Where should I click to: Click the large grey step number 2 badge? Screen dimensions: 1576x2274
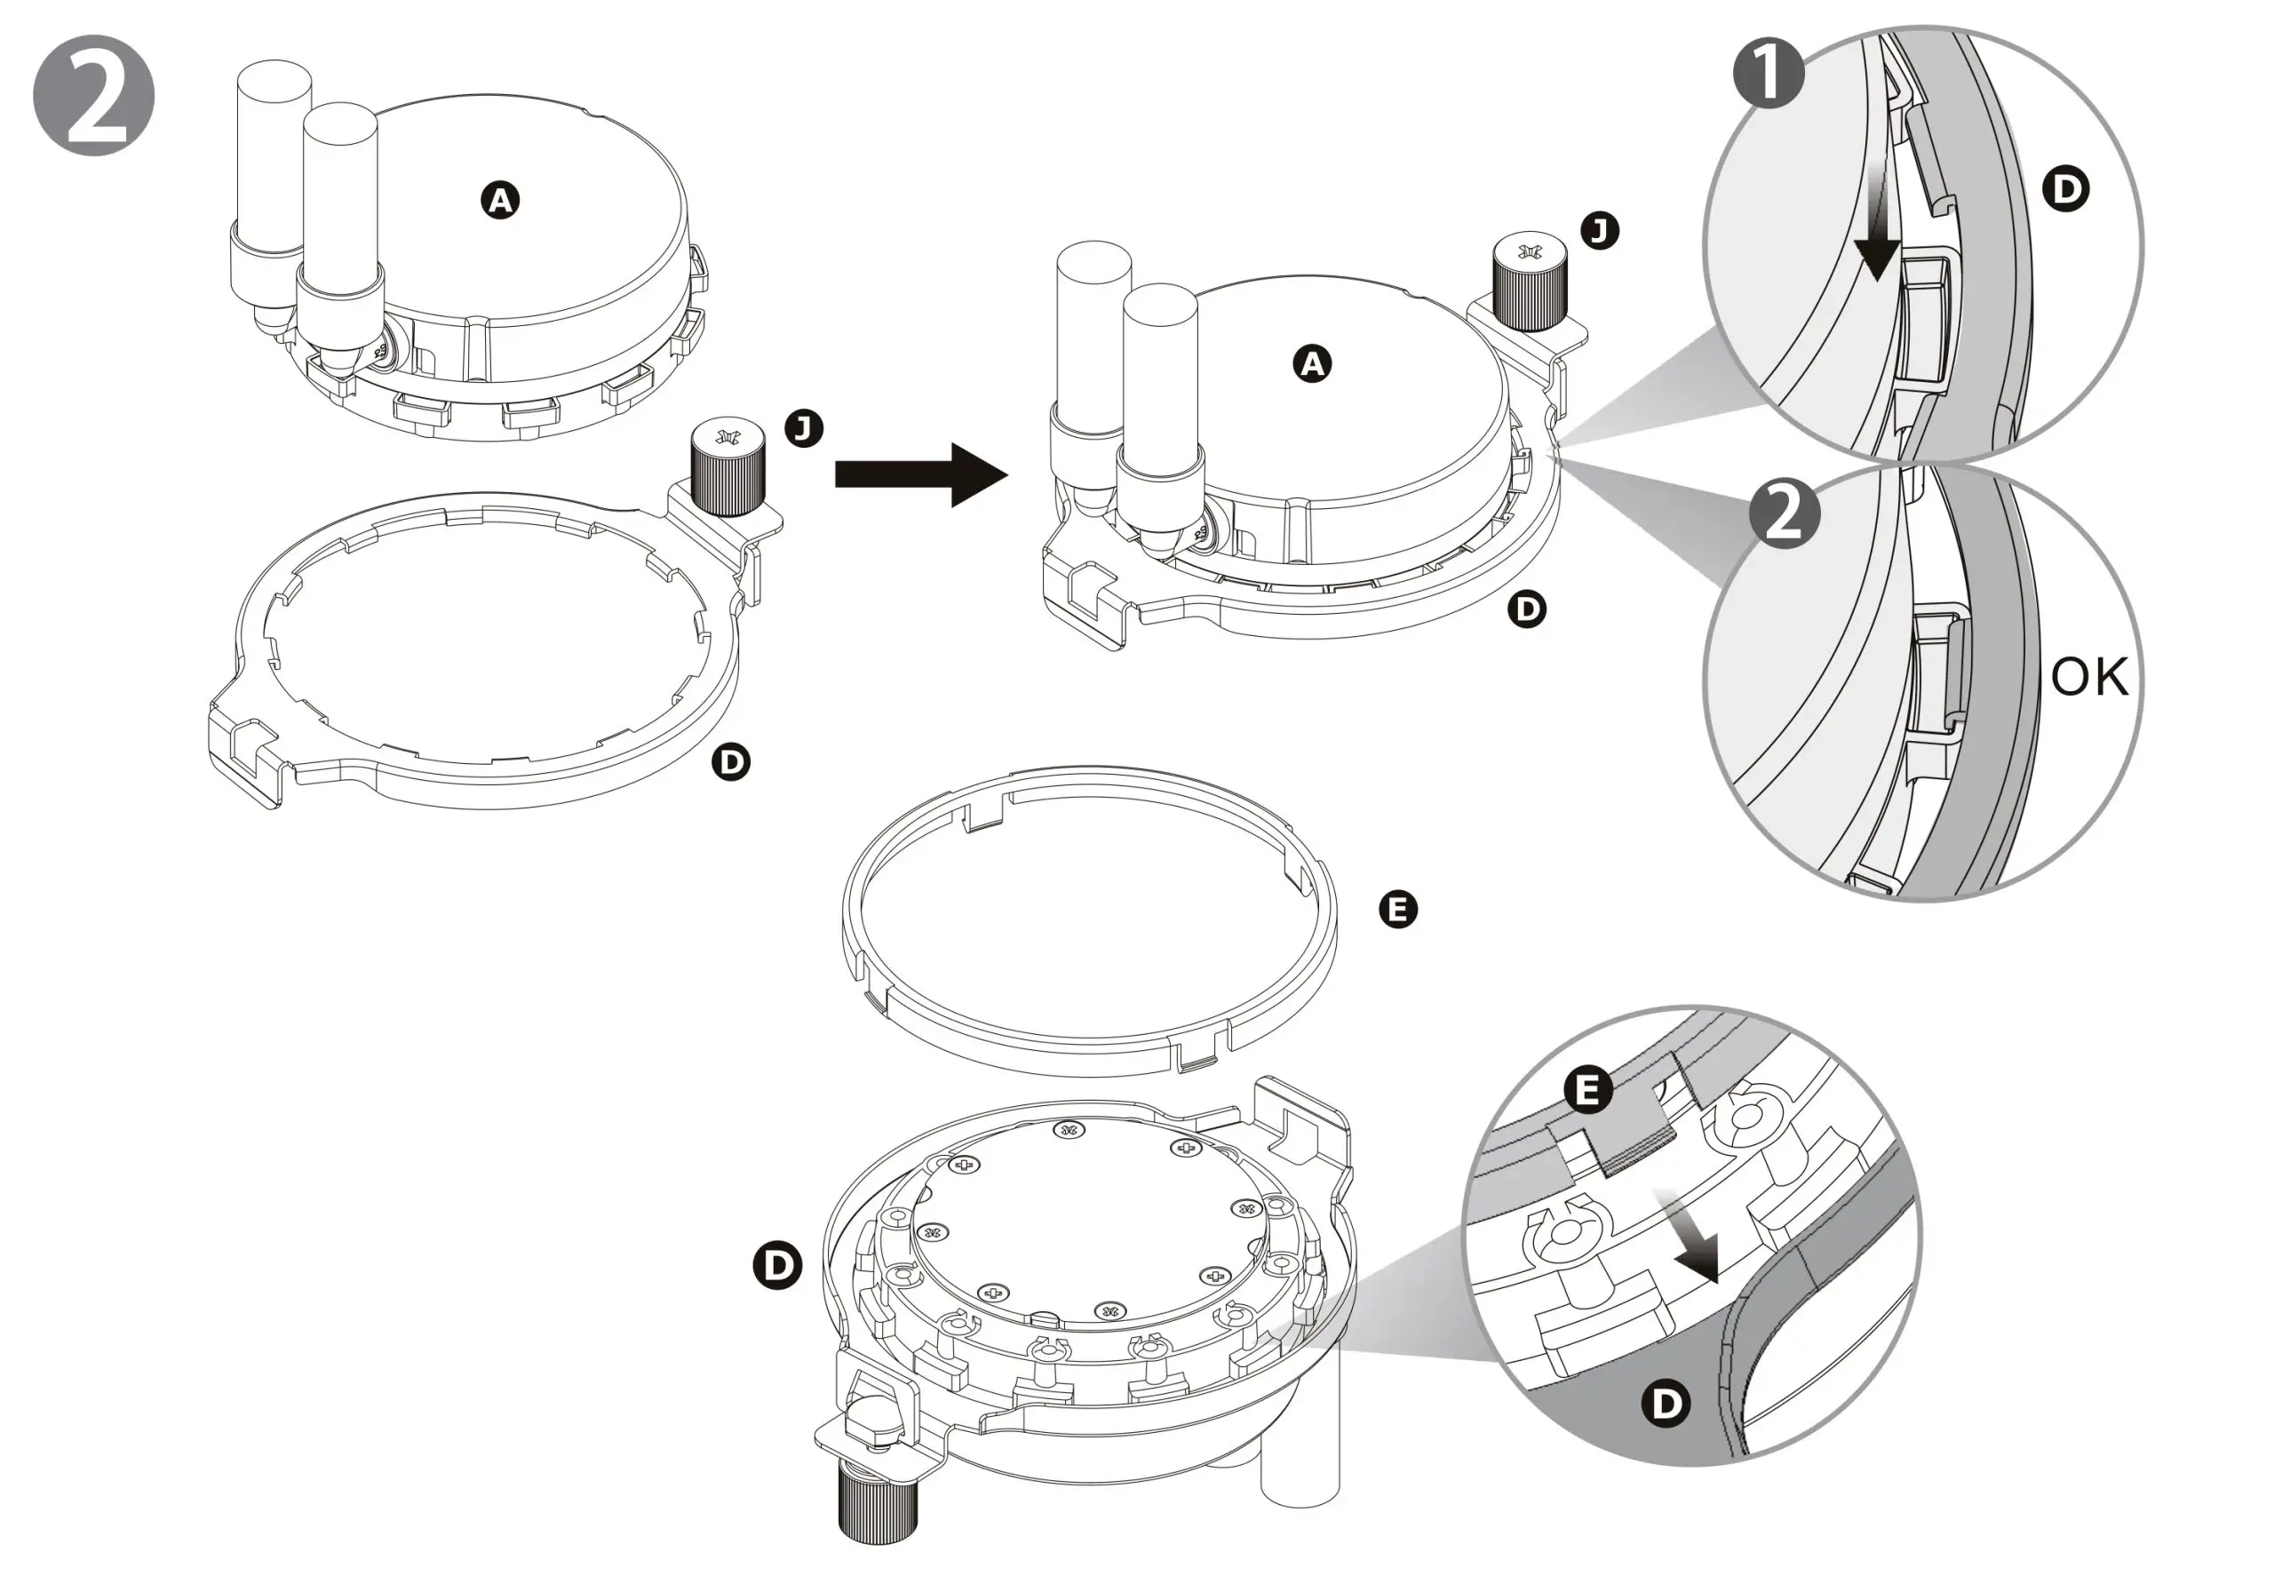(x=94, y=96)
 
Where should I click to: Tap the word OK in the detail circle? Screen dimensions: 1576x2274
(x=2089, y=678)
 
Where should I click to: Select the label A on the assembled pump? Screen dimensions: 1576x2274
(x=1312, y=364)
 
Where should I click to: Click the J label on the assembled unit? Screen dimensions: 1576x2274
(x=1600, y=230)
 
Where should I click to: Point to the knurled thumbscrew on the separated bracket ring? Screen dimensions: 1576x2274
(x=728, y=468)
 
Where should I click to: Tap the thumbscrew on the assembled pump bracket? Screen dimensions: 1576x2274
(x=1528, y=282)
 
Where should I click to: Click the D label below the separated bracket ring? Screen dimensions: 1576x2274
(x=731, y=761)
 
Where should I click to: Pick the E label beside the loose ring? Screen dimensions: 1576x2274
(x=1397, y=909)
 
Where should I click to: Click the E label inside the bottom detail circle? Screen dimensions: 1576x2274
(x=1587, y=1091)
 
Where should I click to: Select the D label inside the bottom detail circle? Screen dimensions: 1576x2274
(x=1666, y=1403)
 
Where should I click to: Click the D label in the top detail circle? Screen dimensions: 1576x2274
(x=2064, y=188)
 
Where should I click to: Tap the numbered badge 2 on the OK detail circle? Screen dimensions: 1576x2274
(x=1785, y=513)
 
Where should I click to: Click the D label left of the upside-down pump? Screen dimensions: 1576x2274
(x=777, y=1265)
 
